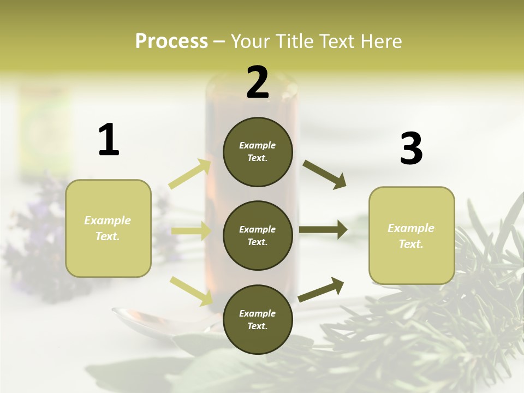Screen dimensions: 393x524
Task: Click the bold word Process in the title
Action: point(171,41)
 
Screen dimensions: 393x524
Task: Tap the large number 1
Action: point(109,140)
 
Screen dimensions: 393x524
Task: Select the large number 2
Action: point(258,82)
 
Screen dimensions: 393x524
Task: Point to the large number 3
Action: point(411,148)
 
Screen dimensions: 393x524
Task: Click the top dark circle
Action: point(258,152)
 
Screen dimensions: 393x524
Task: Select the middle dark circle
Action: point(258,235)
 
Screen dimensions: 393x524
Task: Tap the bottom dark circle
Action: point(258,319)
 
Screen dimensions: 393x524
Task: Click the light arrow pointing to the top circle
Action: point(190,174)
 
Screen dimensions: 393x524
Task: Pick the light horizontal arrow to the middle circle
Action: point(191,231)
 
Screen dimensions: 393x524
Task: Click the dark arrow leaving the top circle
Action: point(324,175)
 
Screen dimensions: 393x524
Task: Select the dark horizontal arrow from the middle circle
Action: point(323,229)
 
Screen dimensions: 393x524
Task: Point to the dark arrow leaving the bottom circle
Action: point(321,289)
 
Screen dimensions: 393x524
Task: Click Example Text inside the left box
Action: point(108,228)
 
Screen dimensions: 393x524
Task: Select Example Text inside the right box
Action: point(411,236)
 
